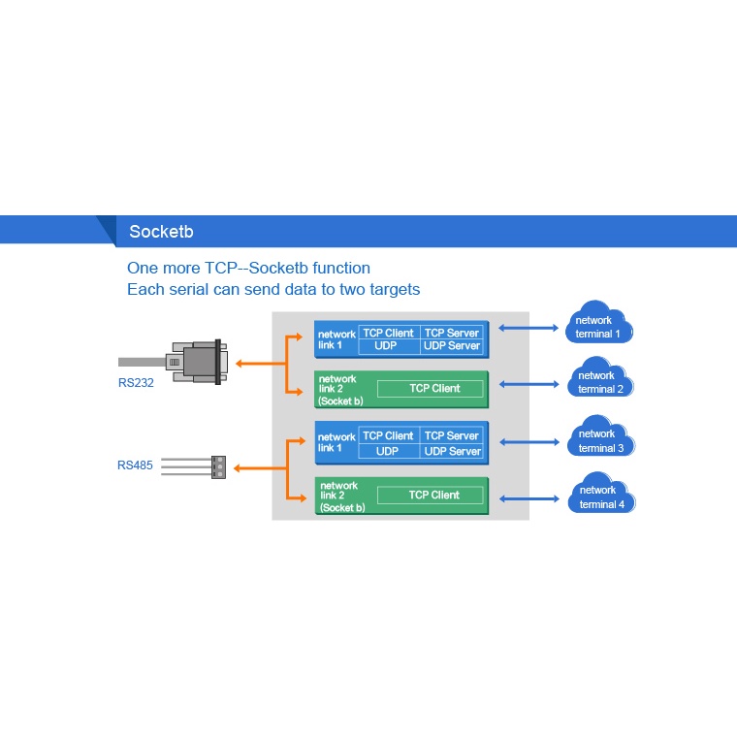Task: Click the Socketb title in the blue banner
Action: [x=161, y=232]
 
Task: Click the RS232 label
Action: [x=136, y=383]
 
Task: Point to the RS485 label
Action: [x=135, y=465]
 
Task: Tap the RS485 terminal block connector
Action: [x=217, y=467]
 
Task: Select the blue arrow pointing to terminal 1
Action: [x=529, y=329]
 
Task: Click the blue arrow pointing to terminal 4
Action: [x=529, y=498]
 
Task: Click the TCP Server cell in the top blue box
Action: [x=452, y=333]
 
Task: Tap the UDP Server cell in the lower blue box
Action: [x=452, y=451]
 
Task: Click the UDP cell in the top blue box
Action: [x=387, y=346]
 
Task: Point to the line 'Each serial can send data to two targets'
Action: [x=273, y=289]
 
